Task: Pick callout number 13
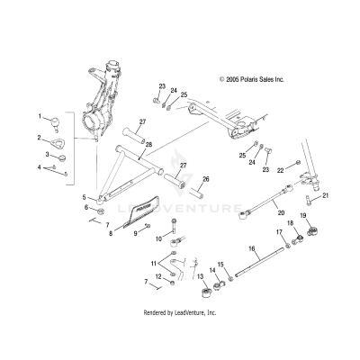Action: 200,276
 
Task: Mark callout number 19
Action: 303,217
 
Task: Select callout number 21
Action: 326,194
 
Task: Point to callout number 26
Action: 205,178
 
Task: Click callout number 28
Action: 148,144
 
